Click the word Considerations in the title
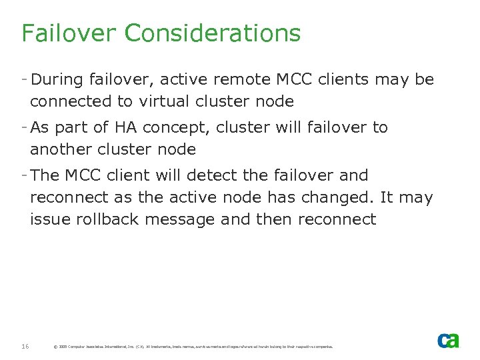click(x=212, y=33)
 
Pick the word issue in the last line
click(x=47, y=219)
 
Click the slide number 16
click(x=25, y=346)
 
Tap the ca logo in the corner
click(x=448, y=340)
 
